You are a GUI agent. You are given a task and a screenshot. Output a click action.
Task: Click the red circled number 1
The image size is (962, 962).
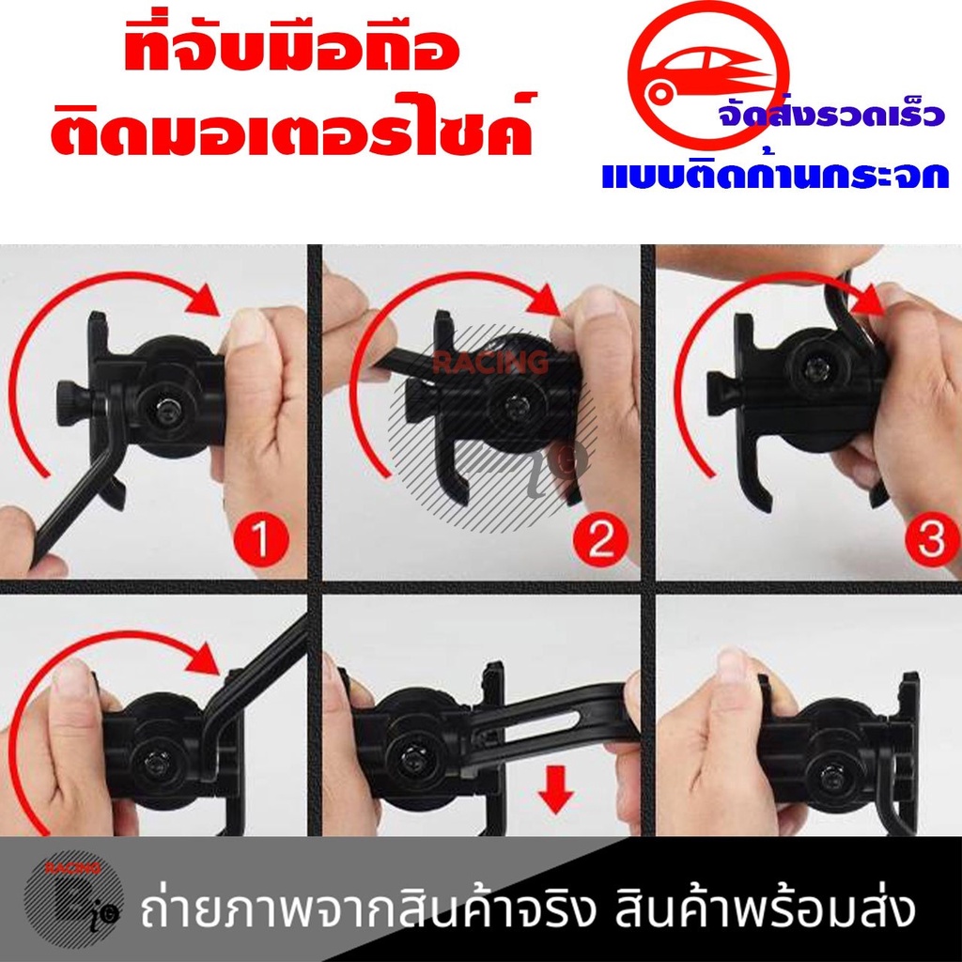(261, 538)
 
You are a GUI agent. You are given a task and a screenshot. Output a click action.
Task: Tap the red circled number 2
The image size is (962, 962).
(601, 538)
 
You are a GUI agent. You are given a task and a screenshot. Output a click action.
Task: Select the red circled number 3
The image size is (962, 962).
(933, 538)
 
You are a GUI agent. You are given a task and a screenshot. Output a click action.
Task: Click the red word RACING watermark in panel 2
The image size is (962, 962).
(490, 362)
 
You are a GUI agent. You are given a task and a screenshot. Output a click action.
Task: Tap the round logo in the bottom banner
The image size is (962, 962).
(73, 905)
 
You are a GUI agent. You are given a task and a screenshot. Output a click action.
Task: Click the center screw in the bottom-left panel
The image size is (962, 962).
(153, 761)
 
